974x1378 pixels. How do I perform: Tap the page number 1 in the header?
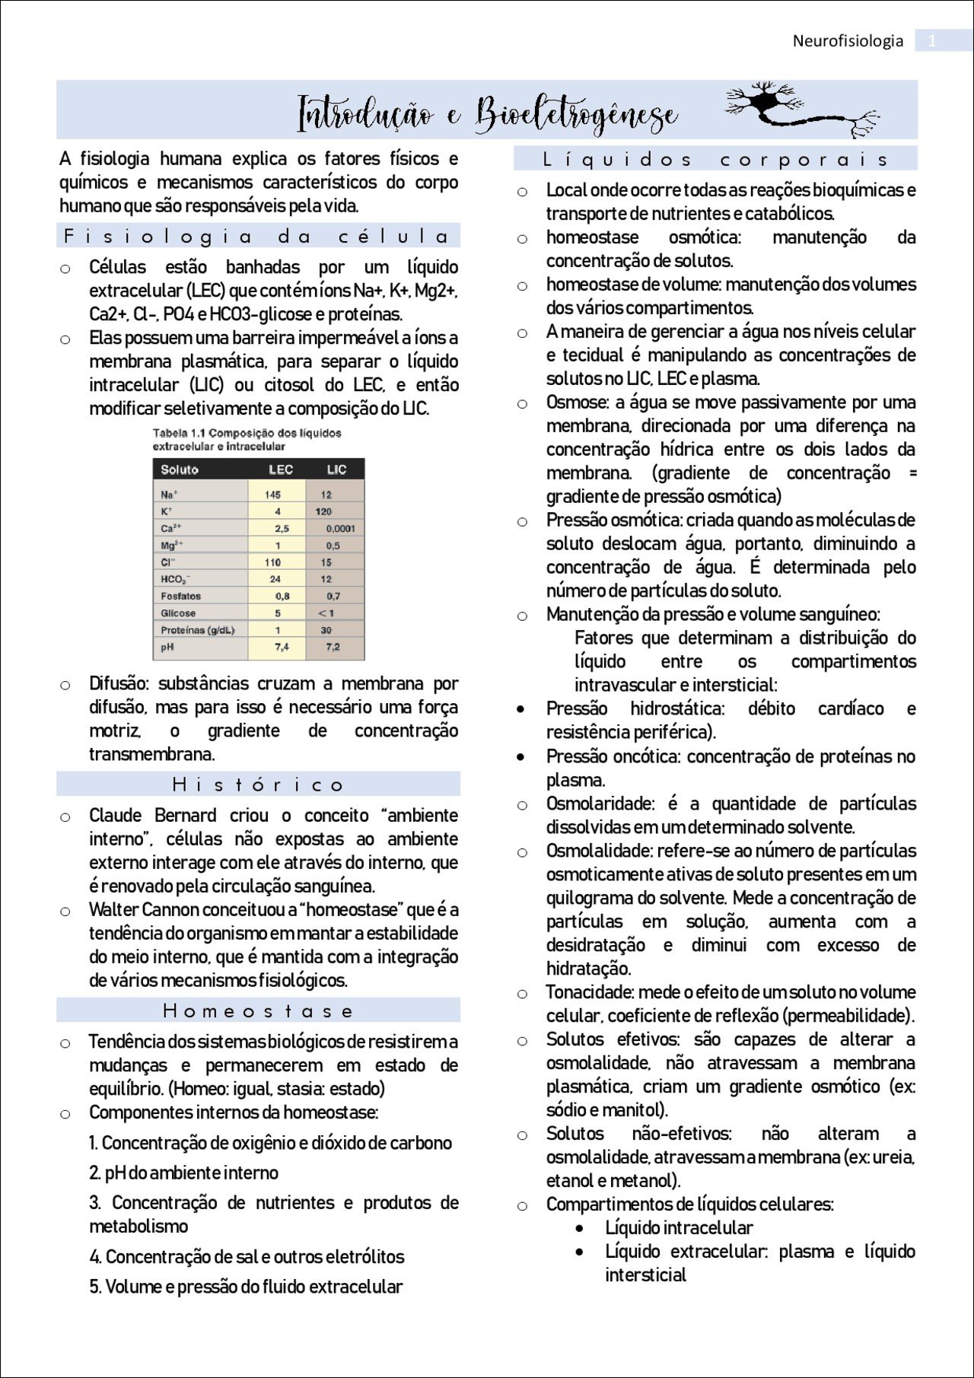tap(932, 41)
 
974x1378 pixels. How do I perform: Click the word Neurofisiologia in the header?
tap(848, 41)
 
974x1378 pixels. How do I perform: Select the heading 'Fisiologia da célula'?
tap(257, 236)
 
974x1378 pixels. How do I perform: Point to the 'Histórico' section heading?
tap(257, 784)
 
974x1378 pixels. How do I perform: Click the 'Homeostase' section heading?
tap(257, 1010)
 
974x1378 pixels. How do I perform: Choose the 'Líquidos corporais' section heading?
tap(715, 159)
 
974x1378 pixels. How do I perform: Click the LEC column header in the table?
tap(280, 469)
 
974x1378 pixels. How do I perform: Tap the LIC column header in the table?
tap(336, 469)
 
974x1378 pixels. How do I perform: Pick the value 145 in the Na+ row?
tap(272, 495)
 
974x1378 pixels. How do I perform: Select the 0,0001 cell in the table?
tap(340, 528)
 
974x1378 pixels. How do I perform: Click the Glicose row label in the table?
tap(178, 613)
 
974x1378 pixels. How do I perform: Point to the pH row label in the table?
tap(167, 647)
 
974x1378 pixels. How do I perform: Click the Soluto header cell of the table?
tap(180, 469)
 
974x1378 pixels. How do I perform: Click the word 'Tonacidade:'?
tap(590, 993)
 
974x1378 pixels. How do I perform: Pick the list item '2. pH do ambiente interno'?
tap(183, 1173)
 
